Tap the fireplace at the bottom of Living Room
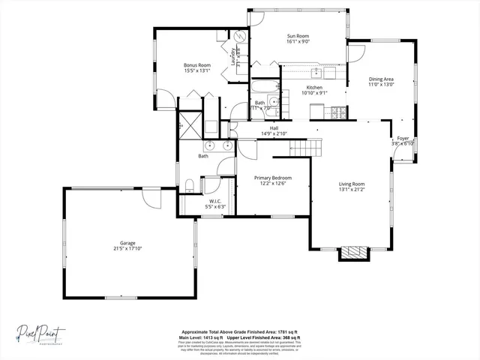click(352, 253)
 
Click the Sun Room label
click(298, 36)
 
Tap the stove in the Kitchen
click(337, 113)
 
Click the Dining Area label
click(381, 79)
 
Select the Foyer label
click(403, 138)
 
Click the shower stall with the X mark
click(190, 124)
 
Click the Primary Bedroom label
click(271, 178)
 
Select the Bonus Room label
click(197, 65)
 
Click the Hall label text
click(274, 128)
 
